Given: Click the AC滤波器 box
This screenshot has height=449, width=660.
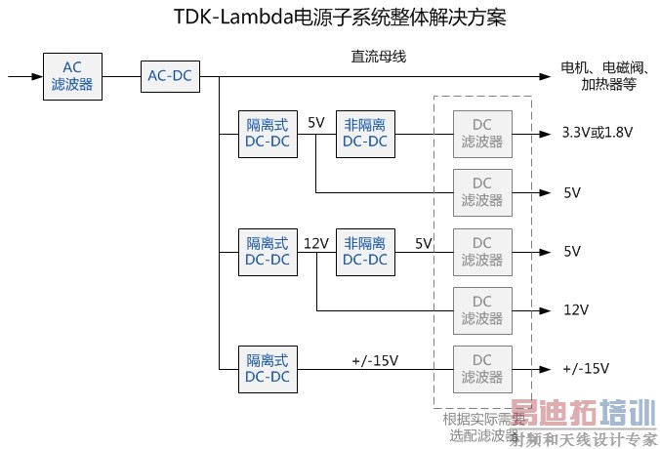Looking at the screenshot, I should coord(71,75).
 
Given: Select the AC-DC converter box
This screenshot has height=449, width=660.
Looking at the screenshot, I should coord(169,75).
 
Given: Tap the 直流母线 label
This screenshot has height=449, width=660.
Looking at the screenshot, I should coord(378,57).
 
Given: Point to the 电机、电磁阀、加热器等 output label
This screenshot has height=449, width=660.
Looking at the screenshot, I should coord(602,75).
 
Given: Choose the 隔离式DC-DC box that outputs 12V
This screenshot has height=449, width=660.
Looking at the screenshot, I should coord(267,251).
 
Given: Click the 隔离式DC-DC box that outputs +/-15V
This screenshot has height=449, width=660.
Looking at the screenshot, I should coord(267,368).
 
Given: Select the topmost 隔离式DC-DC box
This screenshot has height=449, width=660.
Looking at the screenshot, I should coord(267,134).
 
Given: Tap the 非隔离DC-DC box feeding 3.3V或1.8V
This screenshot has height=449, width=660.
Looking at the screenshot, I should coord(364,134).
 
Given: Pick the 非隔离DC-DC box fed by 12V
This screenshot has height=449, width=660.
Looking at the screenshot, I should coord(364,251).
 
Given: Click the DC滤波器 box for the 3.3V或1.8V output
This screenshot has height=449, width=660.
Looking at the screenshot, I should coord(481,134).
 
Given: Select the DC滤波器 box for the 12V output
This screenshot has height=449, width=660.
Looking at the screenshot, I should coord(481,309).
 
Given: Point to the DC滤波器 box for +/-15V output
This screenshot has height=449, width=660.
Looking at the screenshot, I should coord(481,368).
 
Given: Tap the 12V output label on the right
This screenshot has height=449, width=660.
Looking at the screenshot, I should coord(575,310).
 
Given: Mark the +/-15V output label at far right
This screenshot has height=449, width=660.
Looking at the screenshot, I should coord(585,369).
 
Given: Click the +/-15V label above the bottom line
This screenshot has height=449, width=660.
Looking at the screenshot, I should coord(375,360).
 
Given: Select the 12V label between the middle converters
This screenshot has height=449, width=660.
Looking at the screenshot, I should coord(316,242).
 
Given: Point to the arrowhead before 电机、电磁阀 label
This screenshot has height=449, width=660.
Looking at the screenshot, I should coord(546,75).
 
